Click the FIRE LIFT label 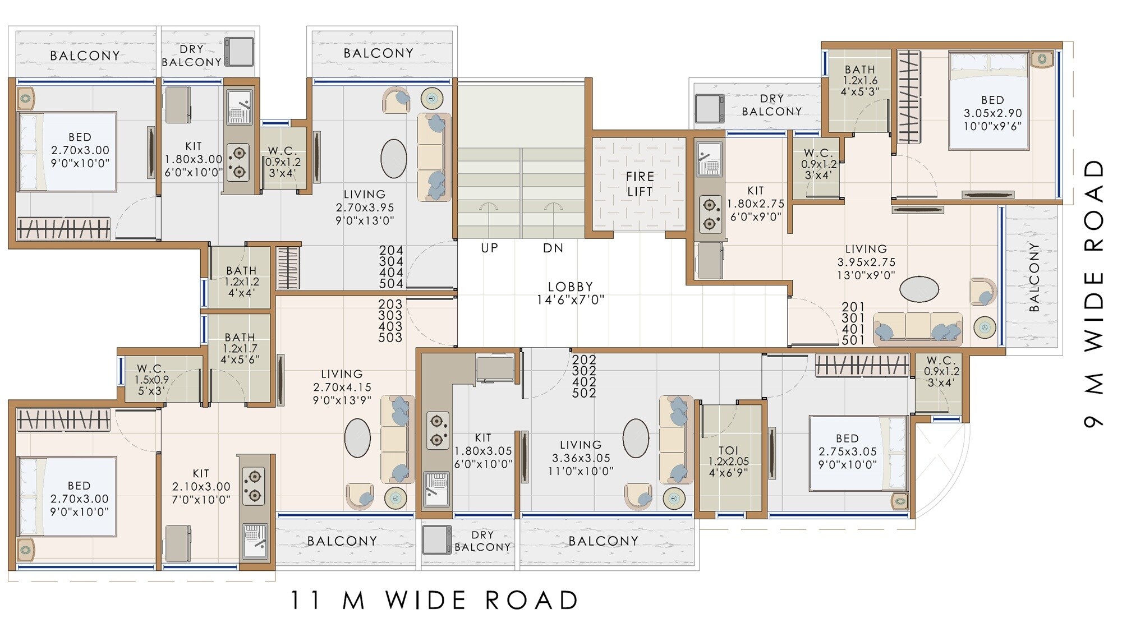click(x=640, y=184)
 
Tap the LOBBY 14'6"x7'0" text click(x=570, y=293)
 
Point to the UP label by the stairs click(x=489, y=248)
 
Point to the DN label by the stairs click(x=553, y=248)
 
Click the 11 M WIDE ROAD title click(x=434, y=601)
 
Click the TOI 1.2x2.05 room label click(x=728, y=461)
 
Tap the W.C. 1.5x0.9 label click(x=151, y=380)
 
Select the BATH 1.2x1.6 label click(x=859, y=80)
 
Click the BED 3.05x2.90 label click(x=992, y=113)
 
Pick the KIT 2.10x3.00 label click(x=201, y=486)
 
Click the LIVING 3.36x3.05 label click(x=580, y=458)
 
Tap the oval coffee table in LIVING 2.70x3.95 click(x=394, y=159)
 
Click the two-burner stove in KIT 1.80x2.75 click(x=710, y=214)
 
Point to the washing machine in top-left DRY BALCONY click(x=240, y=52)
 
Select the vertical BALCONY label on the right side click(x=1034, y=278)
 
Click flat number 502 click(x=584, y=393)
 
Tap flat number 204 click(x=391, y=251)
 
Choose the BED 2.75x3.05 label click(x=847, y=451)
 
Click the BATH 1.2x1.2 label click(x=241, y=282)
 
